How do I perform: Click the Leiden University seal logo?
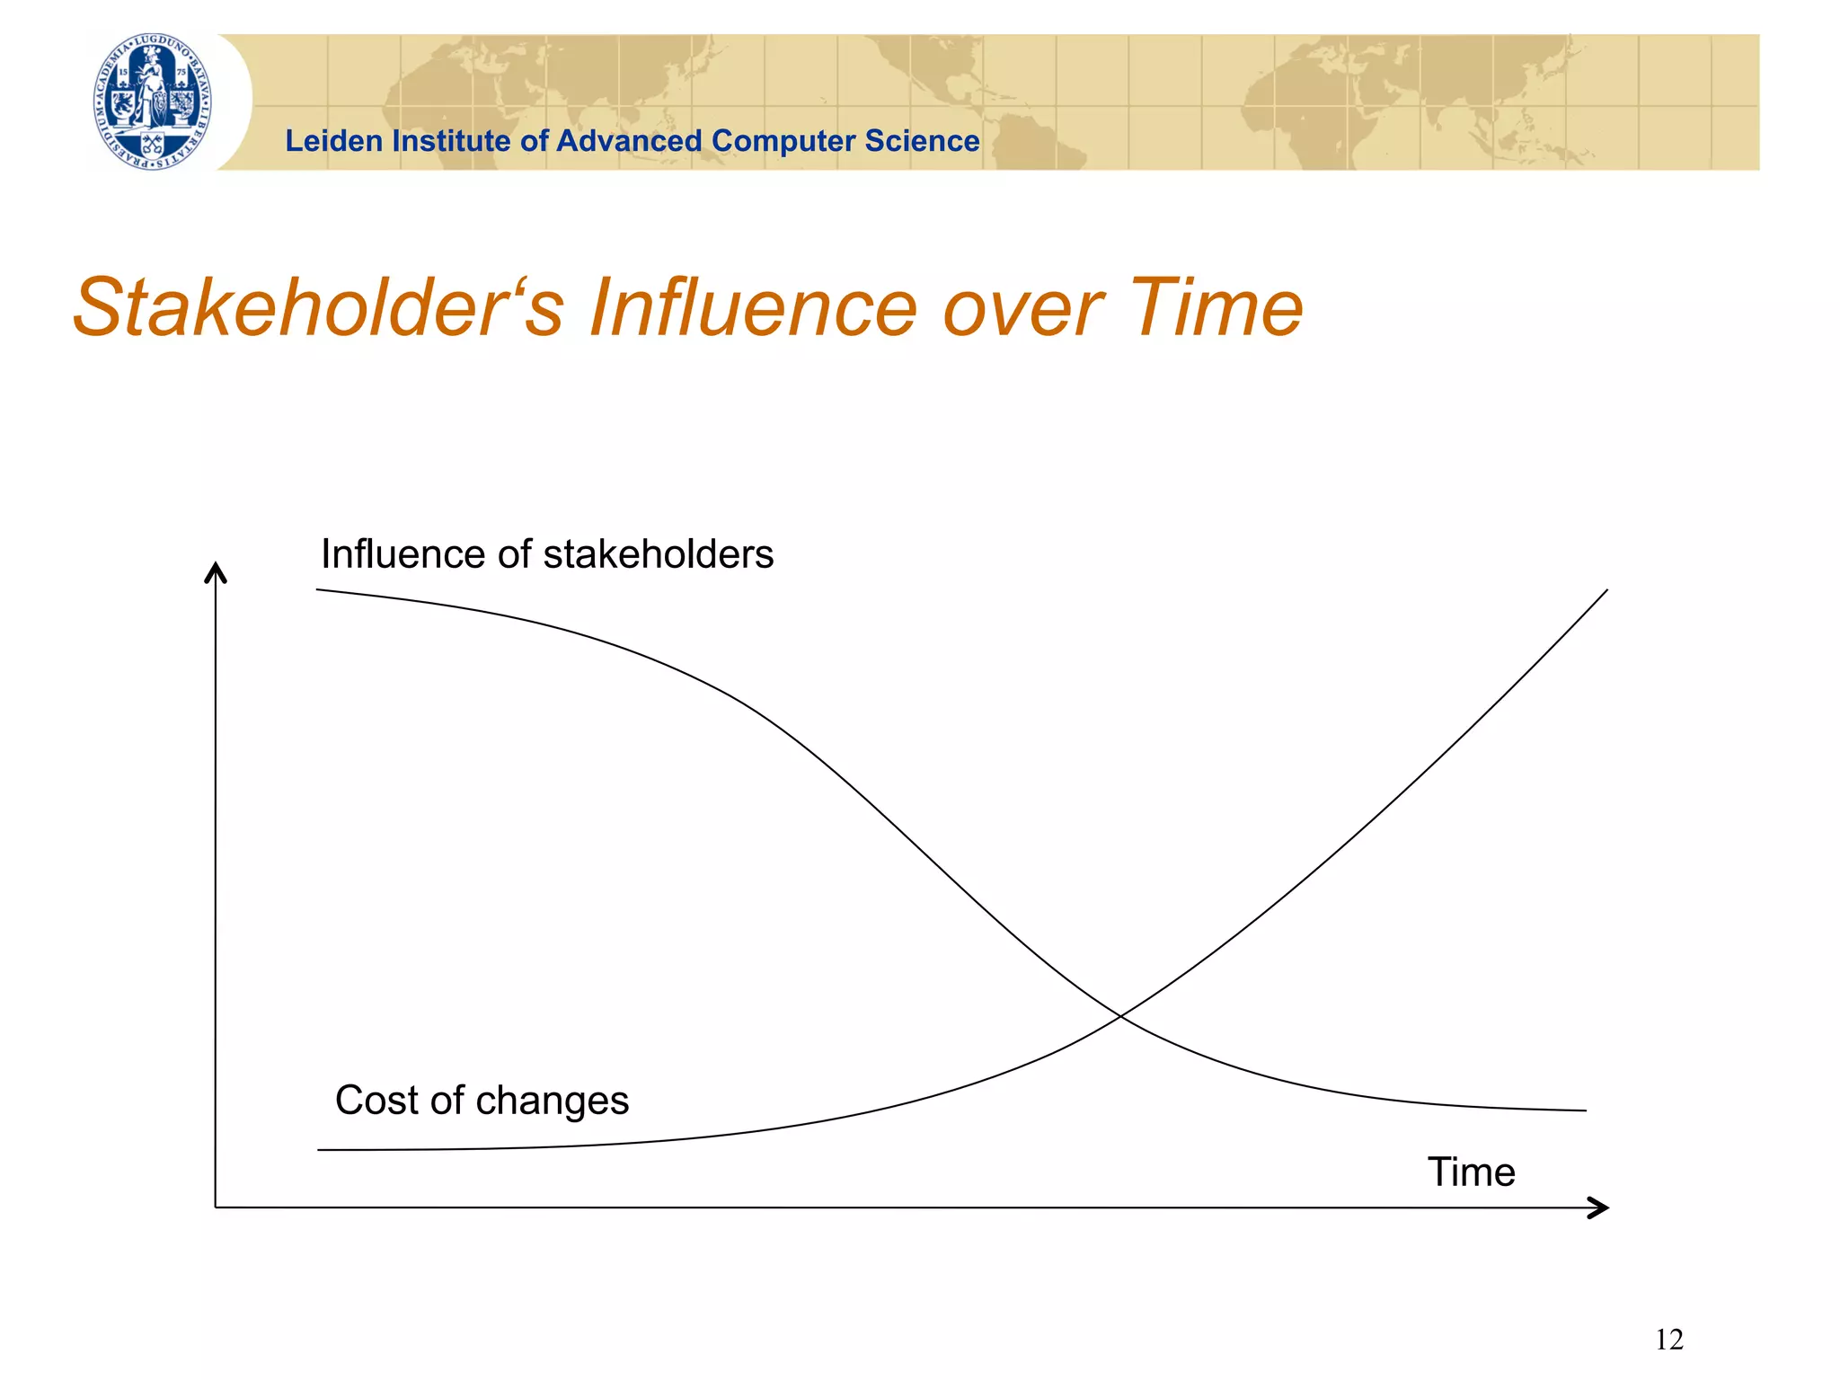pyautogui.click(x=154, y=102)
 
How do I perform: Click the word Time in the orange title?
pyautogui.click(x=1215, y=307)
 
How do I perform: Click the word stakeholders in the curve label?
pyautogui.click(x=658, y=554)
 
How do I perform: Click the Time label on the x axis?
pyautogui.click(x=1471, y=1172)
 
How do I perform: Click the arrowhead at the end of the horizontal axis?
pyautogui.click(x=1601, y=1208)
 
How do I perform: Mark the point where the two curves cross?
pyautogui.click(x=1120, y=1015)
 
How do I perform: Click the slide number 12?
pyautogui.click(x=1668, y=1340)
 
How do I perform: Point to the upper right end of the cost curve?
pyautogui.click(x=1606, y=591)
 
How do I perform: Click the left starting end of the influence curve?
pyautogui.click(x=318, y=590)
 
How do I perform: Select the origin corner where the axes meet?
pyautogui.click(x=216, y=1207)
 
